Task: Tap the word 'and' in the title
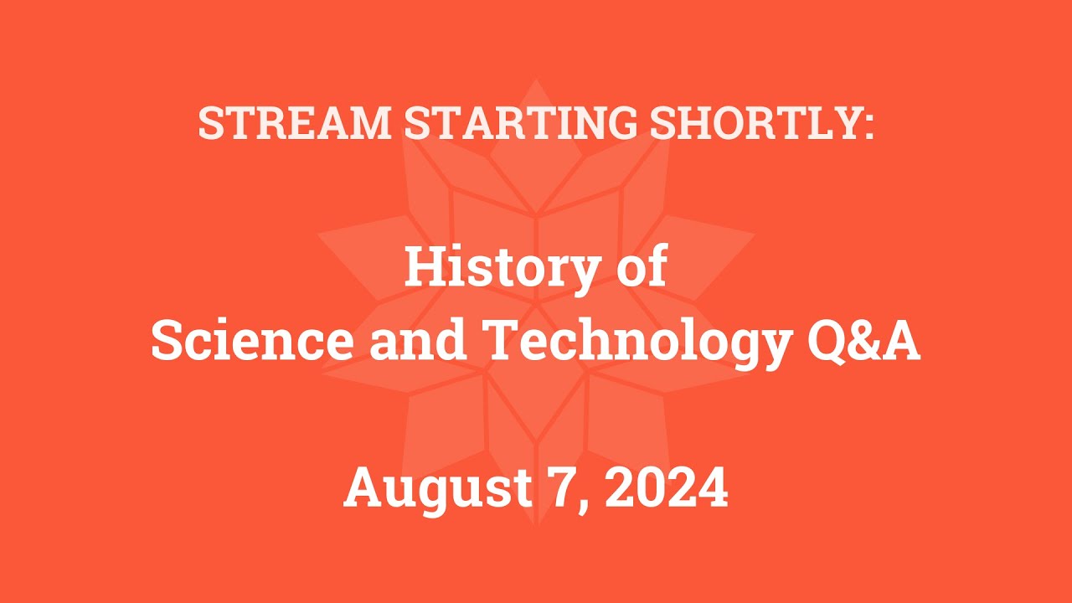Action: click(417, 341)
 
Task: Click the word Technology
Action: click(639, 341)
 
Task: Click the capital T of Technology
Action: click(507, 341)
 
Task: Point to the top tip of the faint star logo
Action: click(536, 80)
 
